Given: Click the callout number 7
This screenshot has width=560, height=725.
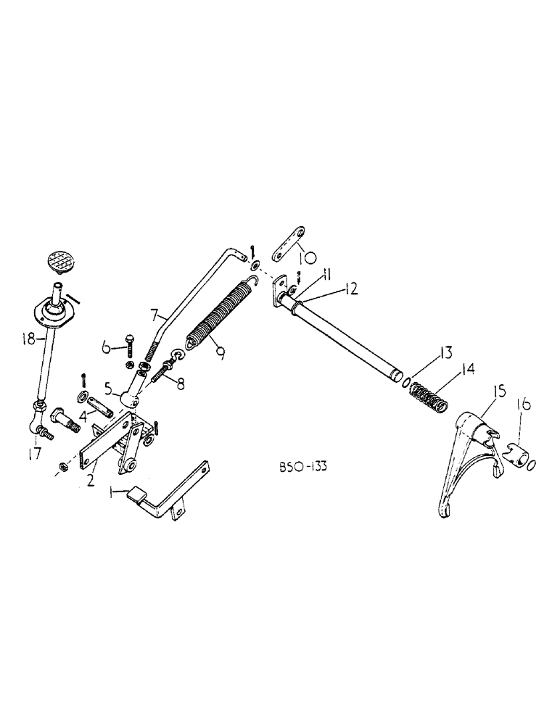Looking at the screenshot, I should tap(155, 317).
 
